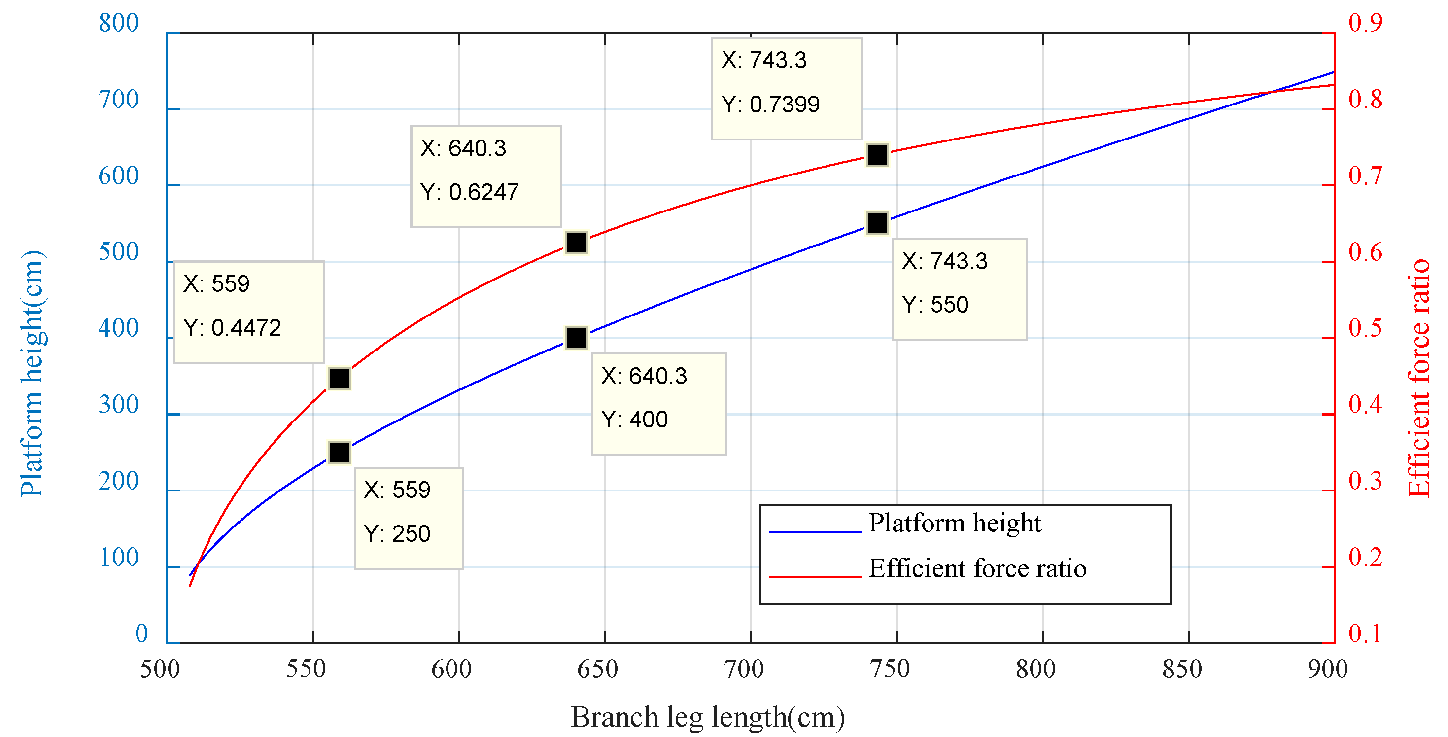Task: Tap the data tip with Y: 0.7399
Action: [787, 88]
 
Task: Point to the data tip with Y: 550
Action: [959, 289]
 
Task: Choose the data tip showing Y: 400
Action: [658, 404]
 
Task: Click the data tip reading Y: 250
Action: [409, 518]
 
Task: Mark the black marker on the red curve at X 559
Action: [340, 378]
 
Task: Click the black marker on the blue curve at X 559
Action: [340, 452]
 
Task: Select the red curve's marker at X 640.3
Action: [577, 243]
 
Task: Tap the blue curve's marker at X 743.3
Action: [877, 223]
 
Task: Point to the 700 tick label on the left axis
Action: [118, 100]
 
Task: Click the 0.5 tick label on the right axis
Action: [1365, 329]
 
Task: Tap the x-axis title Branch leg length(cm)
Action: [708, 718]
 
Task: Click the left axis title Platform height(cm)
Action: [32, 373]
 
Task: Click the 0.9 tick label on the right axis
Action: [1365, 23]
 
